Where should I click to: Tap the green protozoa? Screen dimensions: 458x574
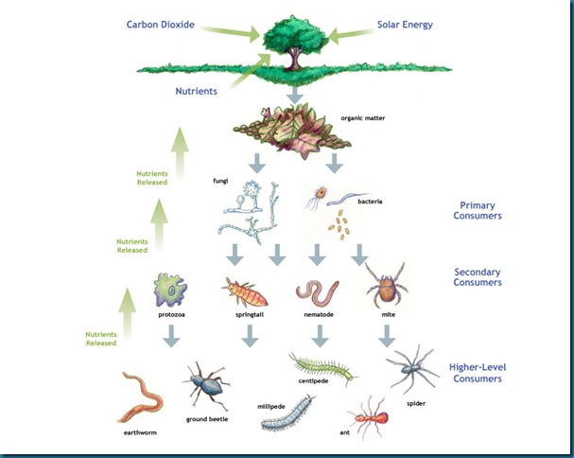coord(170,288)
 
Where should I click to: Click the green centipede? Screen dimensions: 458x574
coord(322,368)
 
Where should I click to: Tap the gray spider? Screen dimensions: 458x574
coord(411,367)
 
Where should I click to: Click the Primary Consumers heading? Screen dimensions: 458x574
coord(478,209)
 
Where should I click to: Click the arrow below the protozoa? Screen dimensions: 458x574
coord(170,334)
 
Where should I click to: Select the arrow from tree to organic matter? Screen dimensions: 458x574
coord(294,95)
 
